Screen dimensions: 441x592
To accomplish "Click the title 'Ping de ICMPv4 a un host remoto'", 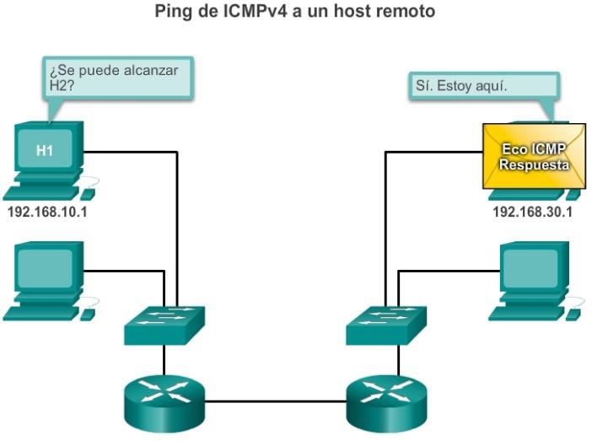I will pos(296,12).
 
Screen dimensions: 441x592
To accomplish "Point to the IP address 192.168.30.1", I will pos(532,211).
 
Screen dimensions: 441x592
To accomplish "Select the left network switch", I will pos(164,324).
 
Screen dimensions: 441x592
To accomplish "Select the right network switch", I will pos(386,324).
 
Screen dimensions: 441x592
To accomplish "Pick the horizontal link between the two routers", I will pos(274,401).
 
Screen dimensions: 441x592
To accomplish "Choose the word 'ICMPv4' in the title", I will pos(261,12).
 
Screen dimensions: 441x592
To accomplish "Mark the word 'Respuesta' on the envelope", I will pos(533,165).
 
